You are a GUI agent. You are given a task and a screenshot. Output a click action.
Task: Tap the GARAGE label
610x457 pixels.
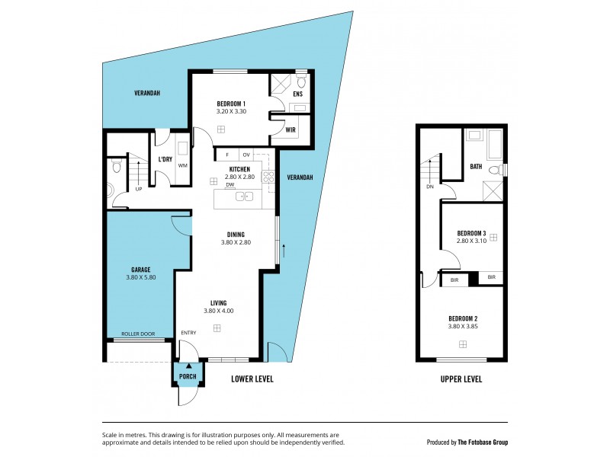(x=140, y=270)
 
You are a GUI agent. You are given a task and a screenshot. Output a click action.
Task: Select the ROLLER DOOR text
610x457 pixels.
(x=138, y=333)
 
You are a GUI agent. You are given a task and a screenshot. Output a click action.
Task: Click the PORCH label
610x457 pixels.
(x=188, y=376)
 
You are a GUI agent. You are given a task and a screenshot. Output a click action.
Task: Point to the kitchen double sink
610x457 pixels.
(x=244, y=197)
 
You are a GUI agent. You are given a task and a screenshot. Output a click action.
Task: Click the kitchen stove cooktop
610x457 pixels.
(x=268, y=177)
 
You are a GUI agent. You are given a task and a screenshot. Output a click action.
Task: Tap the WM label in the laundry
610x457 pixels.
(x=183, y=165)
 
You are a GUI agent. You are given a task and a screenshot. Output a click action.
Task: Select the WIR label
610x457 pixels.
(x=291, y=129)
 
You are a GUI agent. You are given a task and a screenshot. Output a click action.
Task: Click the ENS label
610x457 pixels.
(x=298, y=94)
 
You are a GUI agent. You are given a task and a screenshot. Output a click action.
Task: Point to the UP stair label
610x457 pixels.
(x=138, y=190)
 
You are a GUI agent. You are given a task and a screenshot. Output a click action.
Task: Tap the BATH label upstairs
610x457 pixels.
(x=476, y=166)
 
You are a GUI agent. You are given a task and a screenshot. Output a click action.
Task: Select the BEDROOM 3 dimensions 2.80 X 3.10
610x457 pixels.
(x=470, y=241)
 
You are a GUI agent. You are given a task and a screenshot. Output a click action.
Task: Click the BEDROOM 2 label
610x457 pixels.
(x=462, y=318)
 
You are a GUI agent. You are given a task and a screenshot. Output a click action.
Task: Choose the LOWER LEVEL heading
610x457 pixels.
(x=252, y=379)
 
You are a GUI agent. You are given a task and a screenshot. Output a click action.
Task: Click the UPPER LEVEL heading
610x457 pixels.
(x=461, y=379)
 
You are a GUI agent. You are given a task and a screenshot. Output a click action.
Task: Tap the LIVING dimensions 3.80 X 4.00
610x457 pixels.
(x=218, y=311)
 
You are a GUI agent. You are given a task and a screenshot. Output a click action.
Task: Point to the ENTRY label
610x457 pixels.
(x=188, y=333)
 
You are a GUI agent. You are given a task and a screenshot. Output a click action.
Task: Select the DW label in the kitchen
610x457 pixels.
(x=229, y=184)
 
